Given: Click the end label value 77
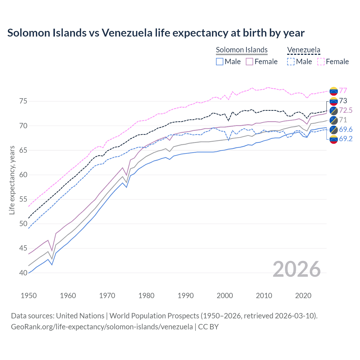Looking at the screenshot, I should (343, 91).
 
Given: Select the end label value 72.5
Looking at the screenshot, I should (345, 110).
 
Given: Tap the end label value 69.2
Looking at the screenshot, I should (345, 139).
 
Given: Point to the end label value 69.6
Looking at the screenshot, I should (345, 129).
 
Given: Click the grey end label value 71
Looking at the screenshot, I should (343, 120).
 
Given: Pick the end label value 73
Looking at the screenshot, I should (343, 101).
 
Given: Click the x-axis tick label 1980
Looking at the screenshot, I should (146, 296).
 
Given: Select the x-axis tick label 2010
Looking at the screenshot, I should (264, 296).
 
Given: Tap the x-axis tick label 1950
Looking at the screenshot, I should (29, 296).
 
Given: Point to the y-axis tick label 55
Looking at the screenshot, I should (23, 199).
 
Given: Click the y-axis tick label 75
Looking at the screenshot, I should (23, 101).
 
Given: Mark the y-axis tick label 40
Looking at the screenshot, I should (23, 273).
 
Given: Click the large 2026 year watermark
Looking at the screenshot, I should (296, 269).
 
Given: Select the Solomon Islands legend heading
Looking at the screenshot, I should (242, 50).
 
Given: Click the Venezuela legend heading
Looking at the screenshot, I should (303, 50).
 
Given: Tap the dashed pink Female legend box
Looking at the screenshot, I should (321, 62).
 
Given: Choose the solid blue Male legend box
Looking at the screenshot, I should (220, 62).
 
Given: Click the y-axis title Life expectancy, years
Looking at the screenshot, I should (12, 180).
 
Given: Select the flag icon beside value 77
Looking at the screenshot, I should (334, 91).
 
